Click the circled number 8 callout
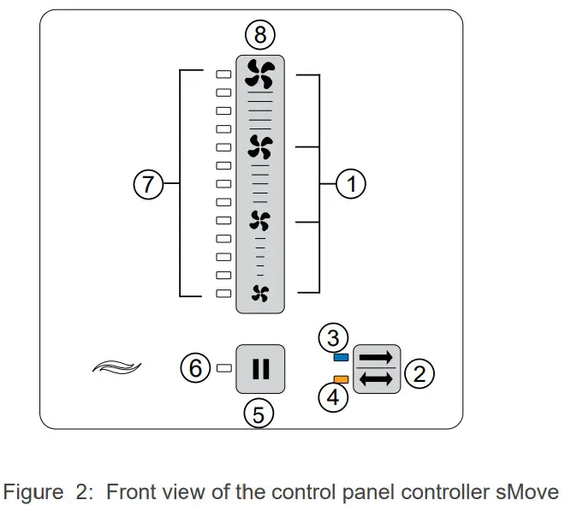(260, 36)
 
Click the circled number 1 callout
(349, 184)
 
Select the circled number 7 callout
(148, 184)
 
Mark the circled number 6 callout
(195, 369)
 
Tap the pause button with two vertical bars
(260, 369)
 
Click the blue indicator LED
(341, 357)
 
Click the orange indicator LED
(341, 379)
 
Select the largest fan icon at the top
(259, 74)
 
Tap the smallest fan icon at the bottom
(259, 294)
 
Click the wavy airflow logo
(116, 368)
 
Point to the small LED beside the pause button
(223, 368)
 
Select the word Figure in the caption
(32, 493)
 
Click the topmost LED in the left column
(224, 74)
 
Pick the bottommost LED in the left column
(224, 294)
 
